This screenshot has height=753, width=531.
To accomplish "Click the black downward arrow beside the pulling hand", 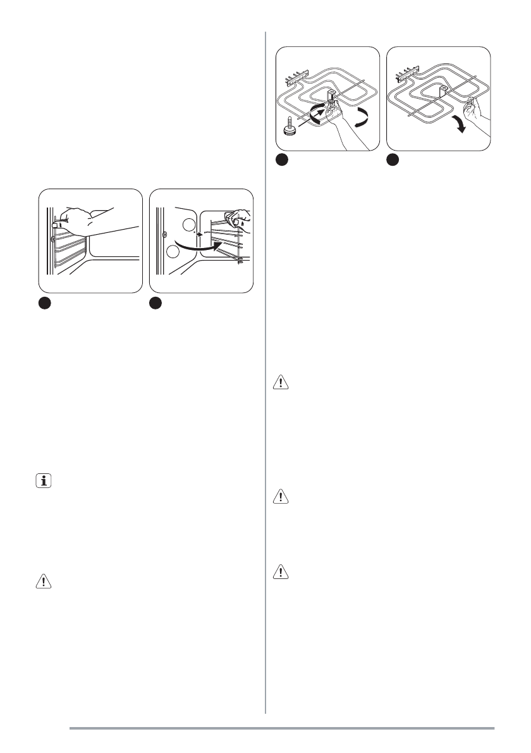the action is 461,125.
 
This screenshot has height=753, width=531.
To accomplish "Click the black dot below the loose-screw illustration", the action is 281,161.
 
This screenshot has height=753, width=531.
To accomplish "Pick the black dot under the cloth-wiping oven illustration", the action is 156,304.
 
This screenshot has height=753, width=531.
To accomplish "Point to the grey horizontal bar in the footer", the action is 281,728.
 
